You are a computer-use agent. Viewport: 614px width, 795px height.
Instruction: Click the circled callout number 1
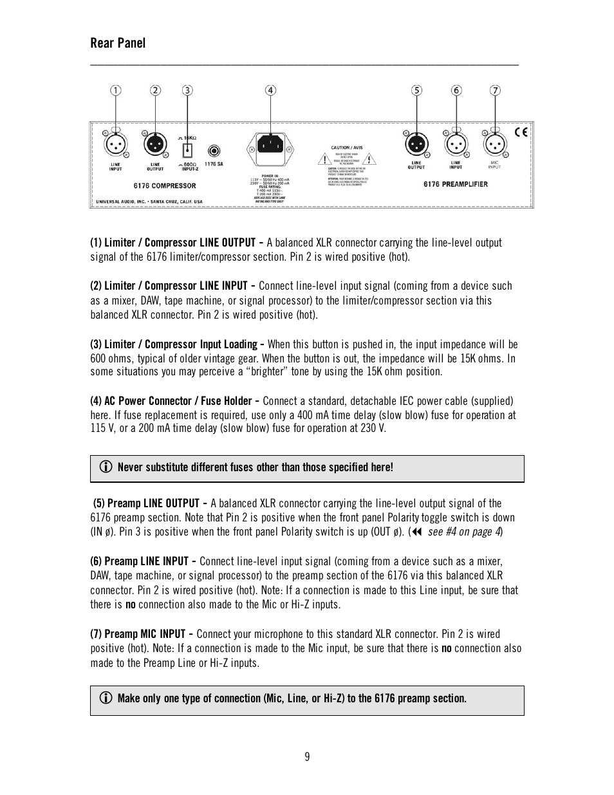coord(115,91)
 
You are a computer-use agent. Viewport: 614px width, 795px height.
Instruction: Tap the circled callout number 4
coord(271,91)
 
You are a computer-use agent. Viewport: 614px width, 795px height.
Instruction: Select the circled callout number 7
coord(495,91)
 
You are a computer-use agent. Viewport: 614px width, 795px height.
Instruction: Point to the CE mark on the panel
coord(521,133)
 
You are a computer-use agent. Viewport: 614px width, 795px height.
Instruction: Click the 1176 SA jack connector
coord(214,151)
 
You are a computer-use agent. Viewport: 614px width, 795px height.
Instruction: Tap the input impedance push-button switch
coord(187,151)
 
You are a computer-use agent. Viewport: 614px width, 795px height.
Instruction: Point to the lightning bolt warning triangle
coord(369,159)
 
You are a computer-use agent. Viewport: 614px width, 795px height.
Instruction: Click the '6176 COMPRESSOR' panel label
coord(165,186)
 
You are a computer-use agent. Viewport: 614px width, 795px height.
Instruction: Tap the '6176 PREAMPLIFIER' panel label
coord(456,184)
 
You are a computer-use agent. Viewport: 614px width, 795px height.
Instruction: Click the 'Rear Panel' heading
coord(118,43)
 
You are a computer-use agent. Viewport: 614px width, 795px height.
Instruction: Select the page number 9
coord(307,757)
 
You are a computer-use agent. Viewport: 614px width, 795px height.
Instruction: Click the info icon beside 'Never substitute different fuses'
coord(107,467)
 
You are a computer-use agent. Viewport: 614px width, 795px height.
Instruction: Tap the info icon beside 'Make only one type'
coord(107,698)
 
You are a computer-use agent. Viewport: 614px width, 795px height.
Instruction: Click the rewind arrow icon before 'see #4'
coord(417,532)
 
